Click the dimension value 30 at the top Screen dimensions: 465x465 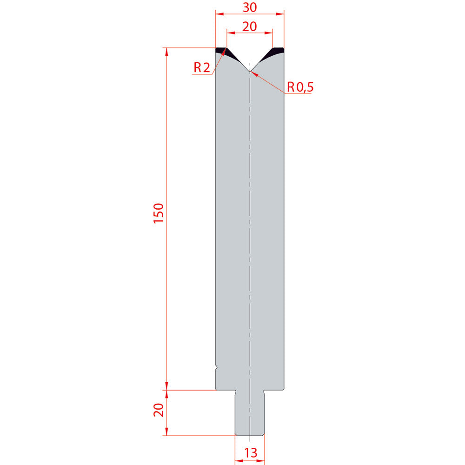pyautogui.click(x=250, y=7)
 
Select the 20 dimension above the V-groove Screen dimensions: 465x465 pyautogui.click(x=250, y=27)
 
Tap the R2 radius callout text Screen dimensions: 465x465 pyautogui.click(x=202, y=67)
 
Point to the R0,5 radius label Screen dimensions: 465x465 pyautogui.click(x=300, y=87)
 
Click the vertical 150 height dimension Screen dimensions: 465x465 pyautogui.click(x=159, y=213)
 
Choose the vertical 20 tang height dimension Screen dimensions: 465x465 pyautogui.click(x=159, y=410)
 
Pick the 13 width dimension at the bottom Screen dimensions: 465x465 pyautogui.click(x=251, y=453)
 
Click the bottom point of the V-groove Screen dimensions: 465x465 pyautogui.click(x=250, y=71)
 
